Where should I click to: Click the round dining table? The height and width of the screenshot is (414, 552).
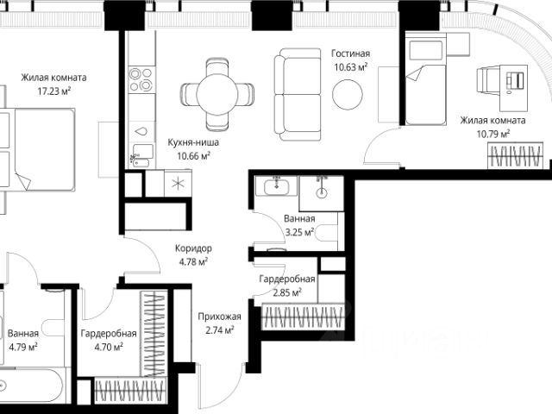(217, 94)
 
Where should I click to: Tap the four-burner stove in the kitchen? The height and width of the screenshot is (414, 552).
(141, 79)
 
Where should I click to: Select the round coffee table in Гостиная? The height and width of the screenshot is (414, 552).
(348, 94)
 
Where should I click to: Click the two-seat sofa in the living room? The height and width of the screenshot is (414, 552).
(298, 94)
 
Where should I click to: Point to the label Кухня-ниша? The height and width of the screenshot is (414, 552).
(193, 142)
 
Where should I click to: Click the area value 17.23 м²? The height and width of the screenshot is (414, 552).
(53, 91)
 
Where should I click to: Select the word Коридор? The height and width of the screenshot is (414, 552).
(193, 248)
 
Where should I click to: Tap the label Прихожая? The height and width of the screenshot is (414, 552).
(219, 317)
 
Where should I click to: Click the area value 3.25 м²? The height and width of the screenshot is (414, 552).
(299, 232)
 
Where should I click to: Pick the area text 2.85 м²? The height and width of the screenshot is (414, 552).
(287, 292)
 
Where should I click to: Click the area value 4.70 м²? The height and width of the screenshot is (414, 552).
(109, 347)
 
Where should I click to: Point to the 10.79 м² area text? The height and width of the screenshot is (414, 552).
(492, 135)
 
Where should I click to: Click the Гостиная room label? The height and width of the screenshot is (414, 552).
(351, 53)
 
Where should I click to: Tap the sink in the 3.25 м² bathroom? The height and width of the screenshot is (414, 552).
(277, 185)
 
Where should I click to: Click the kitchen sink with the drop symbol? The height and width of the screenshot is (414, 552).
(141, 131)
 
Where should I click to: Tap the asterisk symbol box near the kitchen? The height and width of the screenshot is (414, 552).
(178, 183)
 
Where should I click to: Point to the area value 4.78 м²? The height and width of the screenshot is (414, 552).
(193, 262)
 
